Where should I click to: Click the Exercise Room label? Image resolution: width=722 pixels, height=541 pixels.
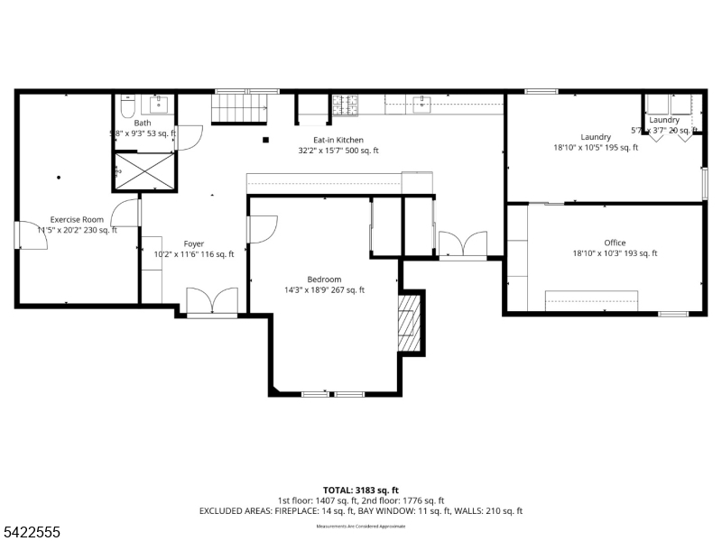pos(77,219)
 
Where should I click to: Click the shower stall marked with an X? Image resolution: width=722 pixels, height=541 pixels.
pos(143,170)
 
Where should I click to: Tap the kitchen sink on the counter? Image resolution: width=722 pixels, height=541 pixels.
pos(421,104)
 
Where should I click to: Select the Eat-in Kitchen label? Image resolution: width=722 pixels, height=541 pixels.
pos(338,140)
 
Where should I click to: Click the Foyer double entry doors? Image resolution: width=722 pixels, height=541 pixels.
pos(211,302)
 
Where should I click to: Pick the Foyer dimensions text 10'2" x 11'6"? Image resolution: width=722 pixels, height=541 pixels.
pos(193,254)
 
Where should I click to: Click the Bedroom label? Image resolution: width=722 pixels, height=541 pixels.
pos(324,280)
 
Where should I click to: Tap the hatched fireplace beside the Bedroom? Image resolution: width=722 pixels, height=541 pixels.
pos(412,323)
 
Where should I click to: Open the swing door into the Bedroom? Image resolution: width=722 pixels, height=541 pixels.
pos(261,230)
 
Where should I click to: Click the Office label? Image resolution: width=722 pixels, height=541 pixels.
pos(615,243)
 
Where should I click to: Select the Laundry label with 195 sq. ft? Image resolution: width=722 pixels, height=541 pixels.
pos(596,137)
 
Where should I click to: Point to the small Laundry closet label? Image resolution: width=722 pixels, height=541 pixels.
pos(664,120)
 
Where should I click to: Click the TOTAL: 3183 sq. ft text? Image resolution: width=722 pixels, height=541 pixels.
pos(360,490)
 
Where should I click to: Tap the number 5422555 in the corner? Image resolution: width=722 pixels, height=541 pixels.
pos(31,533)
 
